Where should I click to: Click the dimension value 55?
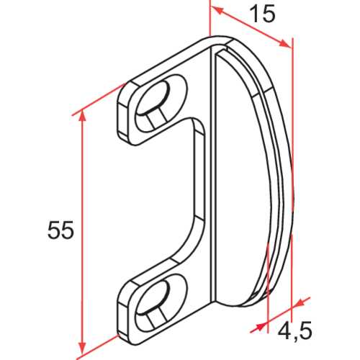point(60,231)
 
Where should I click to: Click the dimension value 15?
point(264,14)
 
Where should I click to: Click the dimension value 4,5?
point(294,330)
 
